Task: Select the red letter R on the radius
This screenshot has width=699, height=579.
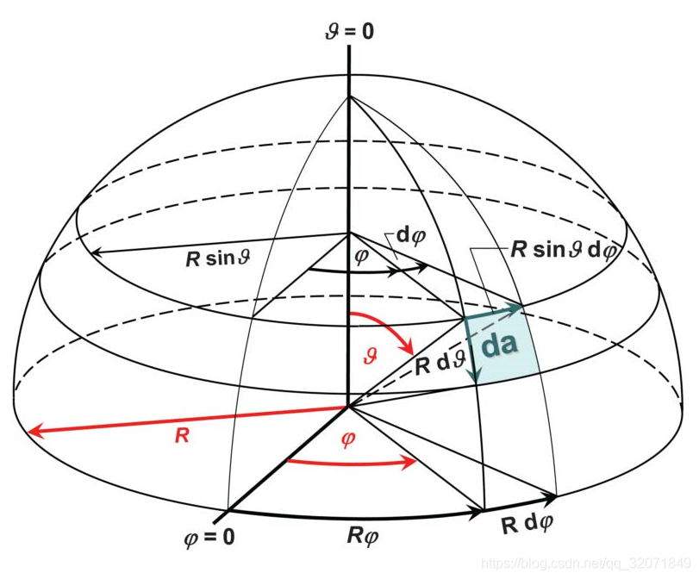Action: tap(181, 435)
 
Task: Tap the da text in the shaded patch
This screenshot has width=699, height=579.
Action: tap(499, 344)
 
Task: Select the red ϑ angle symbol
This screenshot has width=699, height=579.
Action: tap(370, 352)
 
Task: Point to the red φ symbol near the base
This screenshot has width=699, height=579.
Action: tap(348, 439)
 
